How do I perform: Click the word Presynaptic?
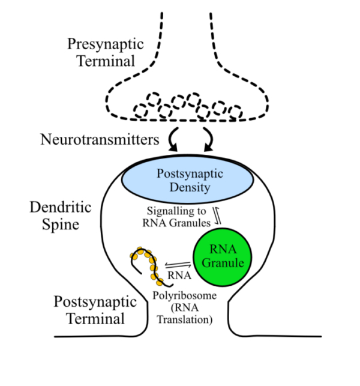point(106,44)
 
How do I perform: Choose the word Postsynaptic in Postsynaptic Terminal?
point(90,300)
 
